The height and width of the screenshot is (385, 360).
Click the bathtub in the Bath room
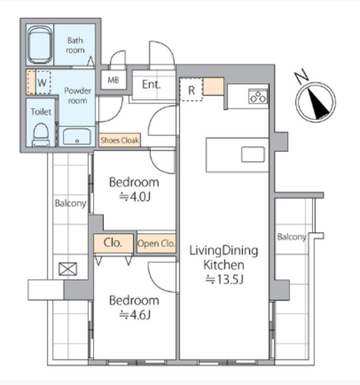[40, 45]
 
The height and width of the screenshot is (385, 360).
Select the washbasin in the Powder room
[77, 137]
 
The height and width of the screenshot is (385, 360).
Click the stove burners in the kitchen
[258, 96]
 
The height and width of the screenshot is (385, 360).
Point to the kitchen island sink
[253, 154]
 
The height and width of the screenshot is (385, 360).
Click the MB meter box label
[113, 80]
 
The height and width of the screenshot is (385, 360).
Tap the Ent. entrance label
[152, 85]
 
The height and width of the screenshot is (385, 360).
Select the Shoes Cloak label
[120, 140]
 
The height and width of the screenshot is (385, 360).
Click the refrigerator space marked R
[192, 90]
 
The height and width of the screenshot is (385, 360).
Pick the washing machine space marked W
[42, 82]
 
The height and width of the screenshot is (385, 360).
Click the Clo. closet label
[112, 243]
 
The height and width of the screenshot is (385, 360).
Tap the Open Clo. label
[156, 243]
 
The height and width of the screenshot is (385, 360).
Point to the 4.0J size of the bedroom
[135, 197]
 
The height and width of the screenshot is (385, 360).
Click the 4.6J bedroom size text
[135, 315]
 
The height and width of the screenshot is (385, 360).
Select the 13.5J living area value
[224, 280]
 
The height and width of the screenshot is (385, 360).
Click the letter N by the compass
[302, 76]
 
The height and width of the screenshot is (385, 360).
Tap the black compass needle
[318, 104]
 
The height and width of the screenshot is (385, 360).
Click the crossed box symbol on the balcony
[68, 269]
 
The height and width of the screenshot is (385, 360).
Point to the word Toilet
[41, 112]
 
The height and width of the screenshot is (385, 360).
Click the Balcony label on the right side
[292, 237]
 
